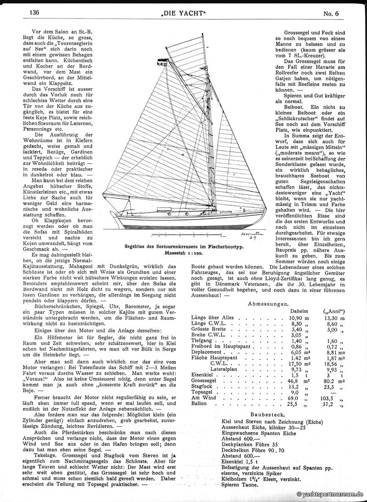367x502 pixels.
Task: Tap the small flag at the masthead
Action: pyautogui.click(x=161, y=60)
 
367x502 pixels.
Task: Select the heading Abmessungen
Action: pyautogui.click(x=268, y=304)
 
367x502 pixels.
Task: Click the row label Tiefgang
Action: pyautogui.click(x=203, y=342)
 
